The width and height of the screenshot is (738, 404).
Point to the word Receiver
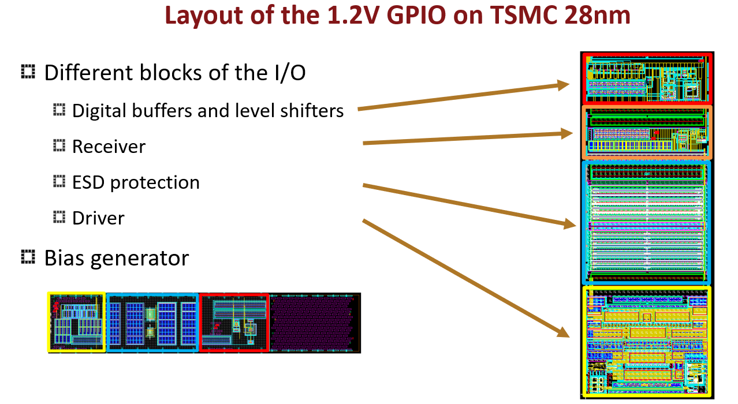tap(109, 147)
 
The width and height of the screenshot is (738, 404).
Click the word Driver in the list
tap(98, 218)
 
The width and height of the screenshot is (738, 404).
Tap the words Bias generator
tap(116, 257)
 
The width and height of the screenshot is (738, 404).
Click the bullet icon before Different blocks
tap(27, 73)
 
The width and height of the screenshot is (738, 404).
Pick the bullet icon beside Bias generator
tap(27, 257)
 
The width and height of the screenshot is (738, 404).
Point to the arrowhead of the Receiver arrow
tap(568, 134)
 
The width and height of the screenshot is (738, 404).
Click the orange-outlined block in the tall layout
tap(647, 132)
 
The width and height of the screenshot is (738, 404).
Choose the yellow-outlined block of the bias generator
tap(76, 322)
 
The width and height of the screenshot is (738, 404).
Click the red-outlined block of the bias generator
tap(233, 322)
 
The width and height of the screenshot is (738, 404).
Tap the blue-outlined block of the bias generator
tap(152, 322)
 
